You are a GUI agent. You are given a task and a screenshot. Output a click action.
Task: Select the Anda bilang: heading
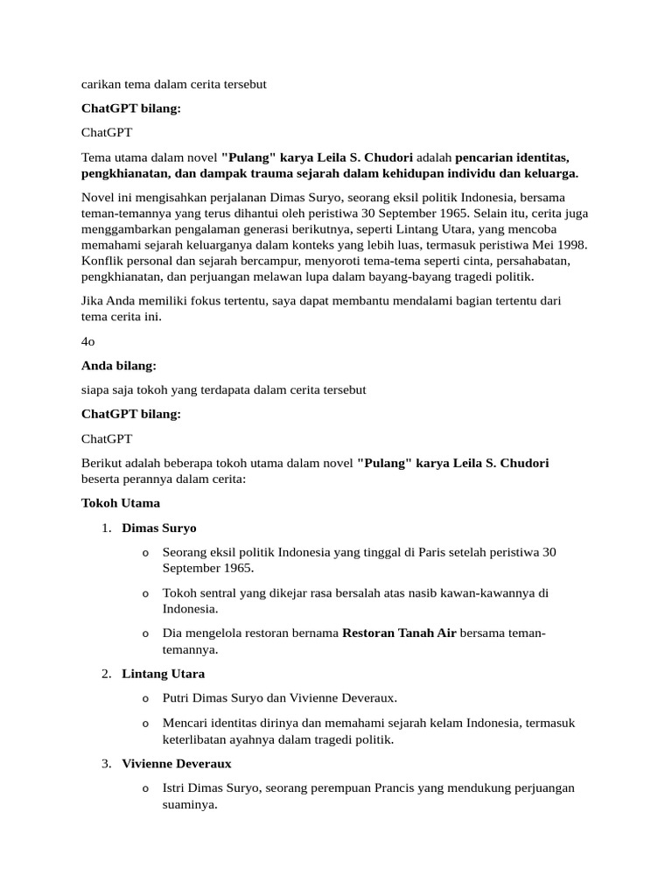(x=118, y=366)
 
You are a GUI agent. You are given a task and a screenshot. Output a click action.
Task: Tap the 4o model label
(x=87, y=342)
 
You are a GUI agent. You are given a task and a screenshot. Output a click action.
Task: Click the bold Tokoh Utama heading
(x=121, y=503)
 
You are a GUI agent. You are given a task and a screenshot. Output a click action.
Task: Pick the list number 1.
(x=106, y=528)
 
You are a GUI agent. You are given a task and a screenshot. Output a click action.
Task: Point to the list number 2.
(x=106, y=674)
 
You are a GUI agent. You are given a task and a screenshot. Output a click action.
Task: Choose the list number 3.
(x=106, y=764)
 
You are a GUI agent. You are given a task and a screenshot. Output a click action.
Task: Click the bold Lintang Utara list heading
(x=164, y=674)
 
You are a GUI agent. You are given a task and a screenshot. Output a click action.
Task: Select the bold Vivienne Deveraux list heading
(x=177, y=764)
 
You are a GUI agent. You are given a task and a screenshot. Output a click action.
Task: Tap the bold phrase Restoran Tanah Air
(x=399, y=633)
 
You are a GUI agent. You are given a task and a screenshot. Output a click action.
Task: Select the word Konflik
(x=102, y=261)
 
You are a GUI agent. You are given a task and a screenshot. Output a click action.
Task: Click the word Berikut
(x=104, y=462)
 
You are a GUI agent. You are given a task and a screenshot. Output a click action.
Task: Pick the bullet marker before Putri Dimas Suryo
(x=145, y=698)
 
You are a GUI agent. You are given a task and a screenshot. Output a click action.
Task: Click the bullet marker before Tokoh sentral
(x=145, y=593)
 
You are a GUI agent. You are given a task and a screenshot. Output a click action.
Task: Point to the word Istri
(x=176, y=787)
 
